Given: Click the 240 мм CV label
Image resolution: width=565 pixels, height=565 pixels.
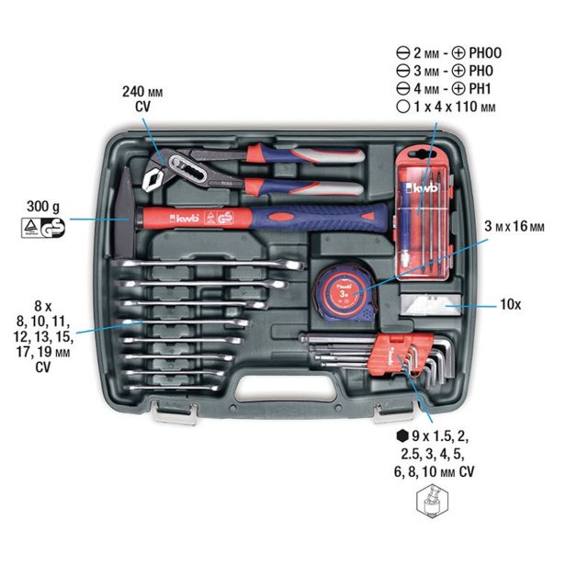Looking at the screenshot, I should [141, 98].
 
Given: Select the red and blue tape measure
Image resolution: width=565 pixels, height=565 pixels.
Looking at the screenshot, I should [342, 288].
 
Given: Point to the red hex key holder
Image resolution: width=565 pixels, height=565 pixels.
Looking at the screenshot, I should [391, 356].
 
